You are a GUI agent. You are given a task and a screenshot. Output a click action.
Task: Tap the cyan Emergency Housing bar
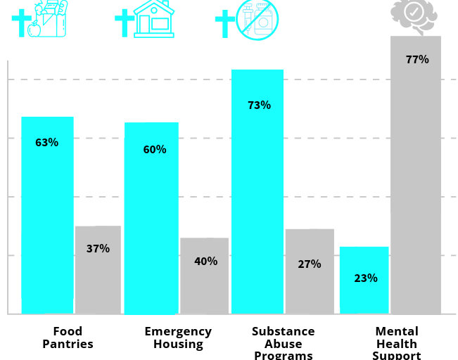[151, 218]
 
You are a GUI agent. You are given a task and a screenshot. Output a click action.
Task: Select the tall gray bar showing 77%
[416, 176]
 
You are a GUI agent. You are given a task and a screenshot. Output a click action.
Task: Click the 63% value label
[47, 142]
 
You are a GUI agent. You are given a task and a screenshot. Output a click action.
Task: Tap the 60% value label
[155, 149]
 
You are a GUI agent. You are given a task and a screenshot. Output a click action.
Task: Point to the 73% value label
[259, 105]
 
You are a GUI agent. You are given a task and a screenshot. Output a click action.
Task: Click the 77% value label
[417, 60]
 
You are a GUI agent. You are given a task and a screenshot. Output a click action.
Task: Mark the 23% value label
[366, 278]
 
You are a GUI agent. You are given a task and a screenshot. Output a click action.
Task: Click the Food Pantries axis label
[68, 337]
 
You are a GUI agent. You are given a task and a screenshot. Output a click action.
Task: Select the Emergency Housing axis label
[178, 337]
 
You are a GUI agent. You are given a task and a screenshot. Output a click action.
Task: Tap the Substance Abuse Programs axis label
[283, 343]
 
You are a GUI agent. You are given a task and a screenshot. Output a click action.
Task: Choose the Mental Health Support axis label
[397, 343]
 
